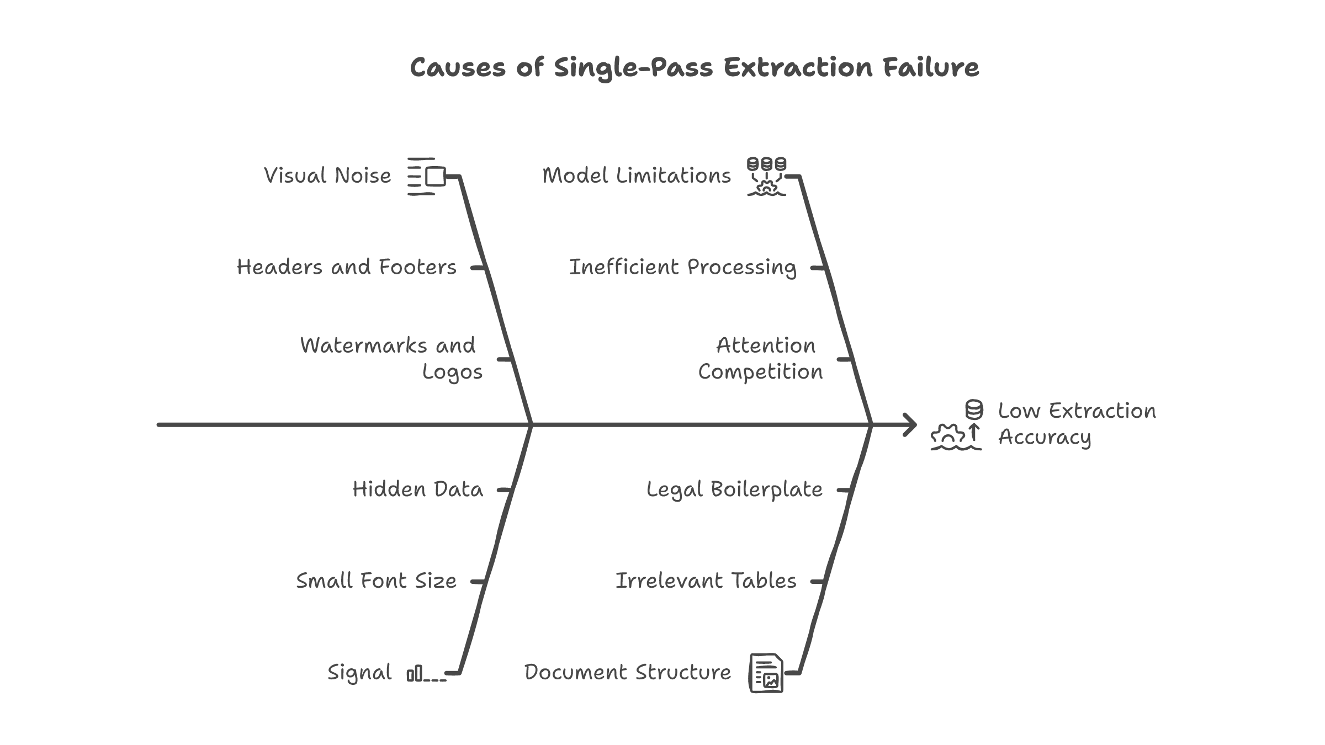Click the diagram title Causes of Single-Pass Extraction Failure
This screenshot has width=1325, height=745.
coord(694,67)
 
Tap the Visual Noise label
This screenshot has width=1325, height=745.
coord(327,176)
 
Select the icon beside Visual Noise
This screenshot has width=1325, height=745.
coord(426,177)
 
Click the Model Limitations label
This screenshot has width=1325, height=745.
coord(636,176)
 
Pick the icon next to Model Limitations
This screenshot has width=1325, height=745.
coord(766,177)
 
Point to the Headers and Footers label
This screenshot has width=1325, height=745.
coord(347,268)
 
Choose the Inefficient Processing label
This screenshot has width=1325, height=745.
coord(682,268)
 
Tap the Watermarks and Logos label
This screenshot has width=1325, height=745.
coord(391,359)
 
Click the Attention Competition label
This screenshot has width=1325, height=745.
coord(761,359)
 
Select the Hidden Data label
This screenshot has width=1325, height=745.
coord(417,489)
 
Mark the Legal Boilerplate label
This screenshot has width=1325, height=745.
coord(734,489)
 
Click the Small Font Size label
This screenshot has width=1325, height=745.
coord(377,581)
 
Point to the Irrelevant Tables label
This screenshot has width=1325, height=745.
coord(706,581)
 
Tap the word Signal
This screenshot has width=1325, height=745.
coord(359,673)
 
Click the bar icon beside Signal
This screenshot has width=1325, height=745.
coord(426,674)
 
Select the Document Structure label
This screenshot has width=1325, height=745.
coord(627,673)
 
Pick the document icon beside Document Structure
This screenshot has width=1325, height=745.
coord(766,673)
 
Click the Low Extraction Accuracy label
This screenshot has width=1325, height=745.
coord(1077,424)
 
